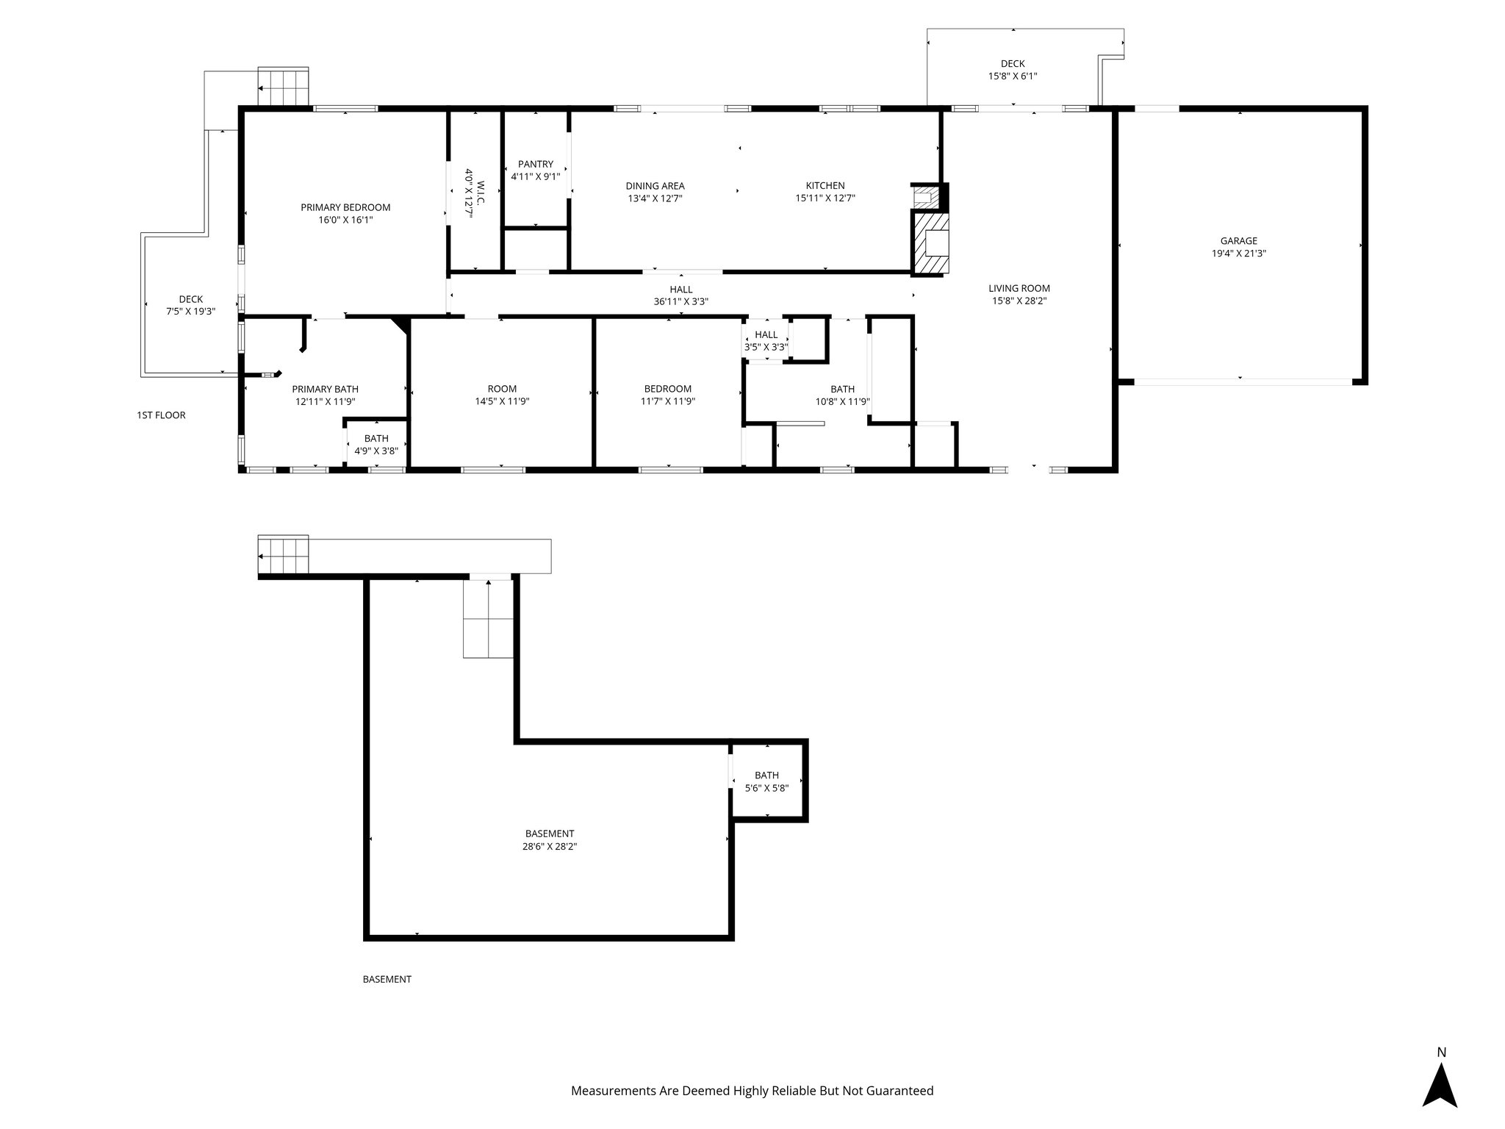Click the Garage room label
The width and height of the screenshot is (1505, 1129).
coord(1238,240)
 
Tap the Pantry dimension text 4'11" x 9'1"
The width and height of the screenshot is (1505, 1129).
coord(535,176)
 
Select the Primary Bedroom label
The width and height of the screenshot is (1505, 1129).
coord(345,207)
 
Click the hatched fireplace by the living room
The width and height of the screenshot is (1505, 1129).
coord(931,243)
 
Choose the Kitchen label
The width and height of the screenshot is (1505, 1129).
coord(825,185)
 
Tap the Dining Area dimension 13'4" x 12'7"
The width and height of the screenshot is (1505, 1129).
coord(655,198)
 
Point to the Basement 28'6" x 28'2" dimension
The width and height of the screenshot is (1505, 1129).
coord(549,846)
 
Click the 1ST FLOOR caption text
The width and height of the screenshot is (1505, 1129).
coord(161,415)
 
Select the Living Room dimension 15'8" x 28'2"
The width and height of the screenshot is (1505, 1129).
coord(1019,301)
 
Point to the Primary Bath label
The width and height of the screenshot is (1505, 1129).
coord(325,389)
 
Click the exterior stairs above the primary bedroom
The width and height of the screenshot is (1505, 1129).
coord(283,87)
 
